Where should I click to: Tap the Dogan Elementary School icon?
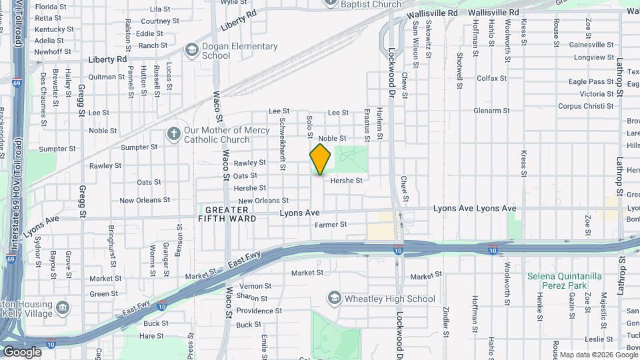pos(192,51)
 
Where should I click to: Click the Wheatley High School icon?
pos(334,299)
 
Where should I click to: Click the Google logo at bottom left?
pos(22,352)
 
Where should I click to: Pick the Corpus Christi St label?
pos(585,106)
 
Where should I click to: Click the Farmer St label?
pos(331,225)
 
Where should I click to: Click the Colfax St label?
pos(492,78)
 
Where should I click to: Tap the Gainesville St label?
pos(591,45)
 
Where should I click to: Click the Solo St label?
pos(309,127)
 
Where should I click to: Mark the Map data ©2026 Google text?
pos(598,355)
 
